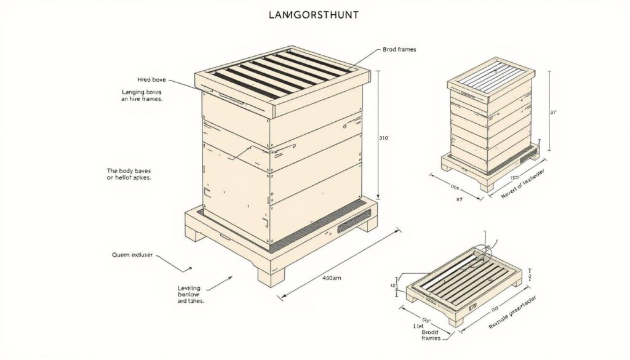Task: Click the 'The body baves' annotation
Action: [129, 173]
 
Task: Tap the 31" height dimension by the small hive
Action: [553, 113]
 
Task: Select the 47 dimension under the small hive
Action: [459, 199]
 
